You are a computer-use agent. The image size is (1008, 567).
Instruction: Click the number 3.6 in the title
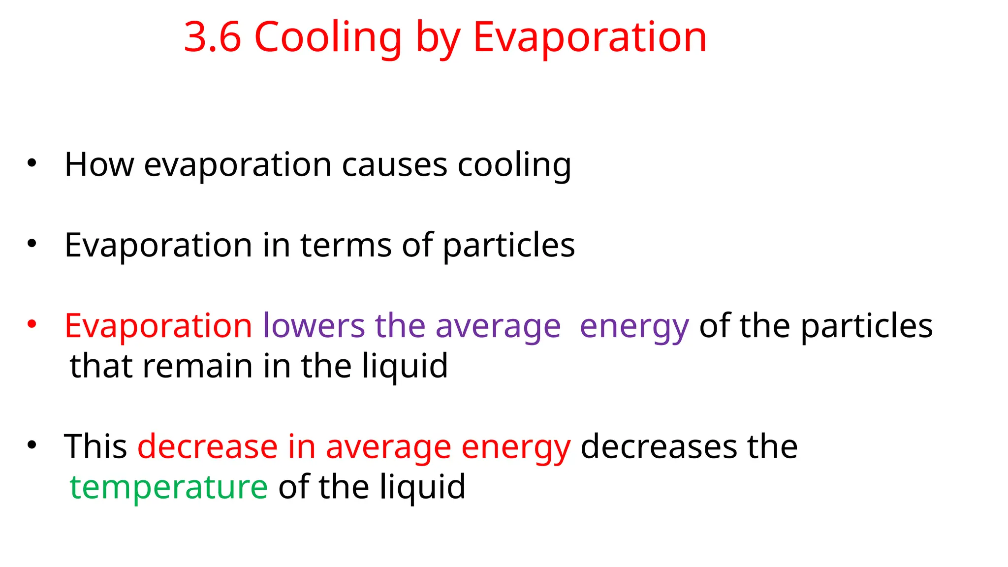212,37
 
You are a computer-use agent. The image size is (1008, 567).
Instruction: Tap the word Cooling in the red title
328,38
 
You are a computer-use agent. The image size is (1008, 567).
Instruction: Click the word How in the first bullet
99,164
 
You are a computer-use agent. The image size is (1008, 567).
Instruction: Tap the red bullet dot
32,324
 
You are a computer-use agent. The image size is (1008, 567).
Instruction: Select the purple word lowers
314,326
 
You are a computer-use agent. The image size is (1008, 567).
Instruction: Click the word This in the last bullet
95,447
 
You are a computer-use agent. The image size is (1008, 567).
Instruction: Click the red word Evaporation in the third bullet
158,326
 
